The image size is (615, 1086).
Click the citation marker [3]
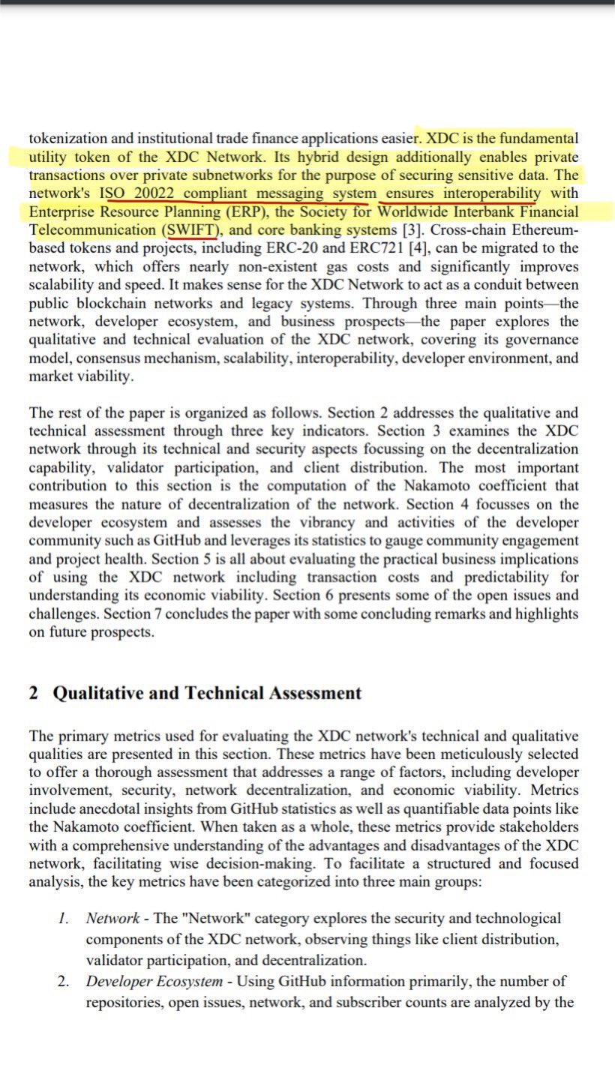[413, 230]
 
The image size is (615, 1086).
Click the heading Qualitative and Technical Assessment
[207, 693]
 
